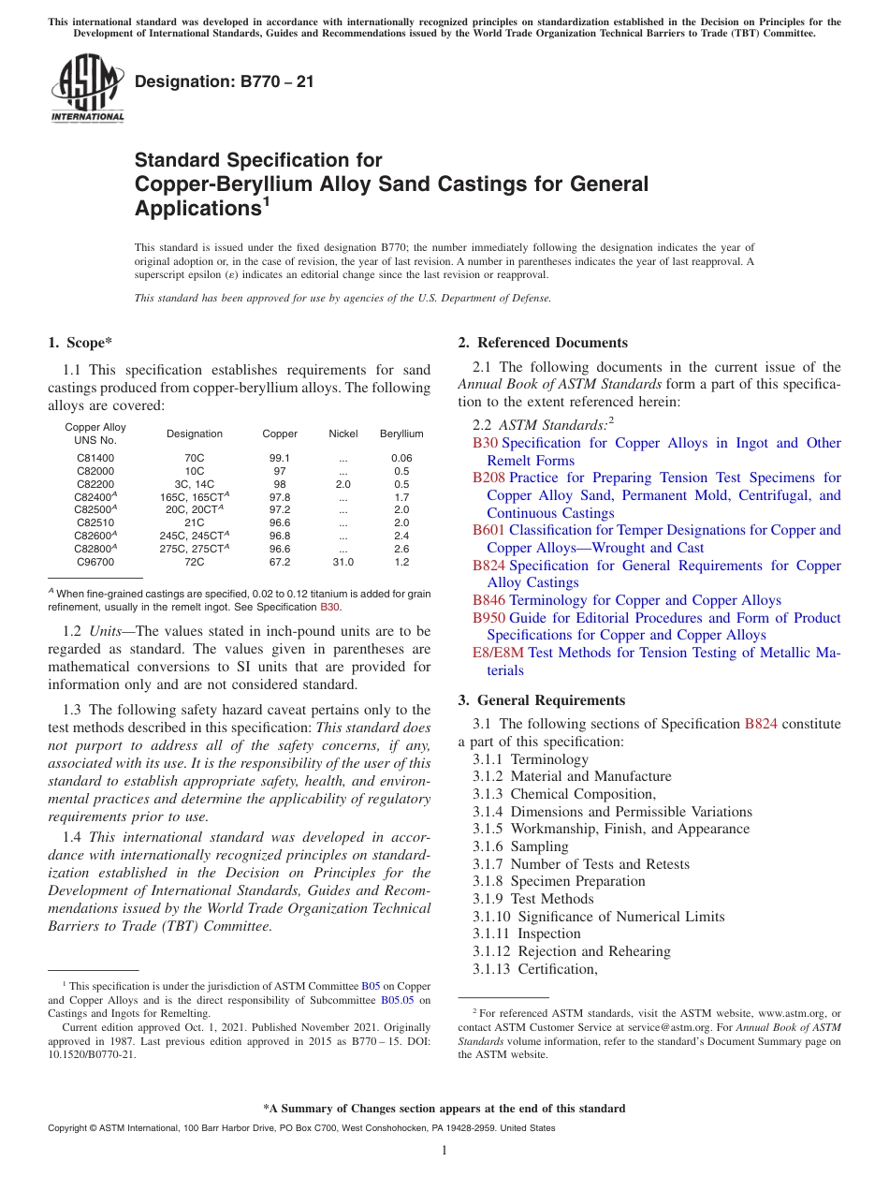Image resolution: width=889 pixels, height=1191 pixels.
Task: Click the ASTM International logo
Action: (87, 89)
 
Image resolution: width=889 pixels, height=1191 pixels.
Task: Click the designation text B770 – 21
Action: (224, 82)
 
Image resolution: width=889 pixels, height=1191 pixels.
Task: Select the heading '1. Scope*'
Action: (81, 343)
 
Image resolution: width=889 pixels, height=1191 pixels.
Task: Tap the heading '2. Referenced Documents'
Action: (542, 343)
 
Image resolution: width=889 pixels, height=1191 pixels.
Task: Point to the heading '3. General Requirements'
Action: (541, 700)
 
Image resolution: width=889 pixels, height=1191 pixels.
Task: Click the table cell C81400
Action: (95, 458)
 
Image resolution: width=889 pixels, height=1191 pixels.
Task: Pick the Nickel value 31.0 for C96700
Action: (343, 563)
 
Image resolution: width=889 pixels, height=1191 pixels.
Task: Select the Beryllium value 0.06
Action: (401, 458)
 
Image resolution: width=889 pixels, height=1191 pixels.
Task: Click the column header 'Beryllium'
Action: (401, 434)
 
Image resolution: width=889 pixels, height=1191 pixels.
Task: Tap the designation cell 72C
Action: (195, 563)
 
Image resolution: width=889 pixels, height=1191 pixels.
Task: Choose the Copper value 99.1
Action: (280, 458)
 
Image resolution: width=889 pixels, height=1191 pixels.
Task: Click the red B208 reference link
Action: (488, 478)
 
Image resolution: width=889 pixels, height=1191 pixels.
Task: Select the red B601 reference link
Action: (488, 530)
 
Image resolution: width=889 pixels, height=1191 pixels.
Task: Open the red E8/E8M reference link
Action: (499, 653)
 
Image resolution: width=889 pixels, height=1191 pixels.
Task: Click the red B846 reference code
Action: (488, 600)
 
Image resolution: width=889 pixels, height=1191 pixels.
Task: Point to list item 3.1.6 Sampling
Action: (520, 846)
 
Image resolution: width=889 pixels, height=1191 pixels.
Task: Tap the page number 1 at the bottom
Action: (444, 1151)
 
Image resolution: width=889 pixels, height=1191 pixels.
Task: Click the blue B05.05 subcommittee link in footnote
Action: (399, 1000)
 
